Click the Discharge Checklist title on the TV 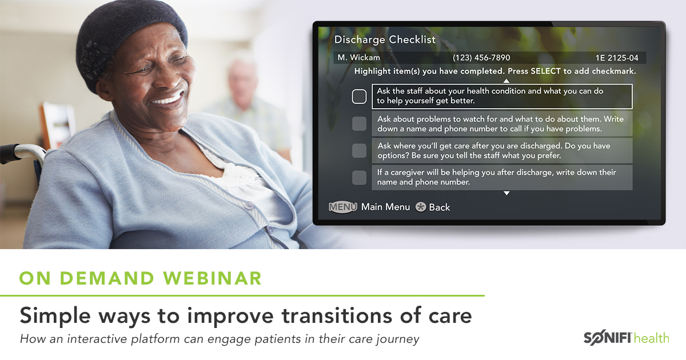coord(385,39)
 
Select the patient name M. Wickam coord(358,58)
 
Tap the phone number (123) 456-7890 coord(481,58)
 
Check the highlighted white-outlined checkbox coord(359,97)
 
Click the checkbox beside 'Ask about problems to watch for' coord(359,123)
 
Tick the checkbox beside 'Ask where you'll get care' coord(359,150)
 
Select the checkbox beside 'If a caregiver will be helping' coord(359,178)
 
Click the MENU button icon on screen coord(343,207)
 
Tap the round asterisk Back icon coord(421,207)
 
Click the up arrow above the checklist coord(506,81)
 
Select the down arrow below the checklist coord(506,193)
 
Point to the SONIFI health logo coord(625,338)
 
